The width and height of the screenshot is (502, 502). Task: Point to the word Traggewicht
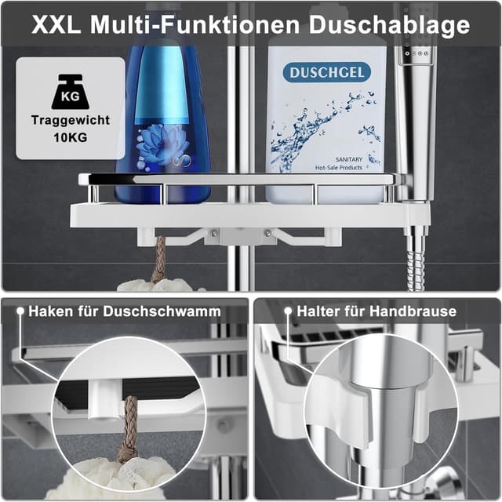pyautogui.click(x=71, y=121)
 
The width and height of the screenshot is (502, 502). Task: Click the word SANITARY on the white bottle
pyautogui.click(x=352, y=158)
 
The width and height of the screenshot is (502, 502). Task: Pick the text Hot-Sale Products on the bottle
pyautogui.click(x=351, y=168)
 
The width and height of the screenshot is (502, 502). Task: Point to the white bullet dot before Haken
pyautogui.click(x=20, y=312)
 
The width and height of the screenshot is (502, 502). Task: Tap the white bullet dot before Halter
pyautogui.click(x=287, y=312)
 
